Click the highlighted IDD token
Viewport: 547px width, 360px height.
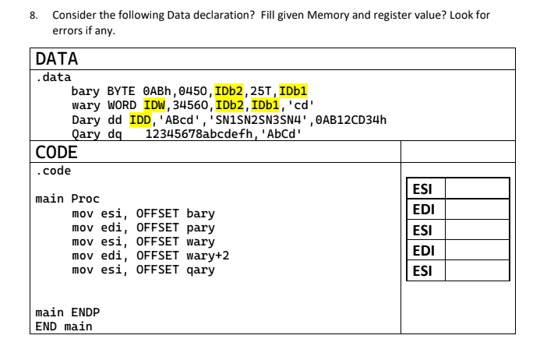tap(140, 118)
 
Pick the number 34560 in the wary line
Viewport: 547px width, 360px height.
tap(192, 104)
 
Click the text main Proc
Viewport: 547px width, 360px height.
tap(68, 199)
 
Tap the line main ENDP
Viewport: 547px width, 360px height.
tap(68, 312)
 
